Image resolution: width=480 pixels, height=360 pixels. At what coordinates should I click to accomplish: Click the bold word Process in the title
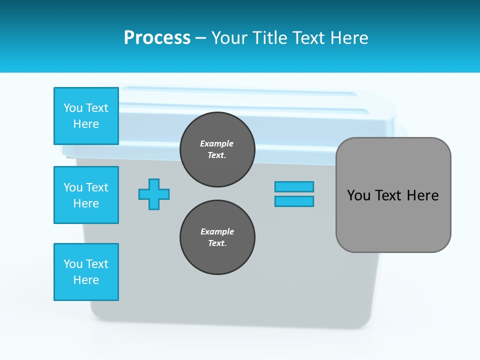pyautogui.click(x=157, y=38)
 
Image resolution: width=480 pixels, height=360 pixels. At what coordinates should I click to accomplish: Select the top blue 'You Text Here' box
pyautogui.click(x=86, y=116)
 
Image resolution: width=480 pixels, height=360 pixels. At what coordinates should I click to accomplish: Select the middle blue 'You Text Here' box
pyautogui.click(x=86, y=195)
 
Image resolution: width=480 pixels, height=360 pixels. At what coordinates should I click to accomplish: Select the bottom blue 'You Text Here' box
pyautogui.click(x=86, y=272)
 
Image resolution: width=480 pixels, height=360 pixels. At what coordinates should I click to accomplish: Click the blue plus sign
pyautogui.click(x=154, y=194)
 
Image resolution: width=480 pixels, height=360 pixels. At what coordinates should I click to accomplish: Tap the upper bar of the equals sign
pyautogui.click(x=294, y=186)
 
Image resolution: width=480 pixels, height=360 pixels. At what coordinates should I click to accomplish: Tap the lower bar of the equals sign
pyautogui.click(x=294, y=201)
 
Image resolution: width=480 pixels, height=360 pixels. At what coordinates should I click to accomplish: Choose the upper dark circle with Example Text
pyautogui.click(x=217, y=149)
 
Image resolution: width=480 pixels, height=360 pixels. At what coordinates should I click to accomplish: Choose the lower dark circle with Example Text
pyautogui.click(x=217, y=237)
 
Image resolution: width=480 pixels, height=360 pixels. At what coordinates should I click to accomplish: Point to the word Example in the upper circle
pyautogui.click(x=217, y=143)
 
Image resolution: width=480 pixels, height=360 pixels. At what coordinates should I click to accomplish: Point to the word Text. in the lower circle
pyautogui.click(x=217, y=243)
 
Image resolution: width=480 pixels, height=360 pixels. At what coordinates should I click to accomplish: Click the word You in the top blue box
pyautogui.click(x=73, y=108)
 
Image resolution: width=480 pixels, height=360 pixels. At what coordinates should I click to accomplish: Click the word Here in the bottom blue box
pyautogui.click(x=86, y=280)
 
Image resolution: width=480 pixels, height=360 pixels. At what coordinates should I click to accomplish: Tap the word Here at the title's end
pyautogui.click(x=350, y=38)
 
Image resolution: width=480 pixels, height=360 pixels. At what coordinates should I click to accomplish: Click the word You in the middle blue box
pyautogui.click(x=73, y=187)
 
